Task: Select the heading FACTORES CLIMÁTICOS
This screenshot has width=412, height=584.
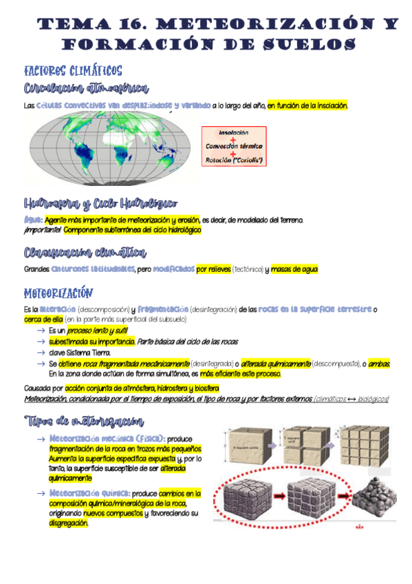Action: point(73,70)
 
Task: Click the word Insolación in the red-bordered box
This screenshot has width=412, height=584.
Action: point(233,132)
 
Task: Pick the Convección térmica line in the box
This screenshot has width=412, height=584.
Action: point(233,147)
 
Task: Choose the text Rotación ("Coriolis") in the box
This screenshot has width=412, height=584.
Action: point(234,160)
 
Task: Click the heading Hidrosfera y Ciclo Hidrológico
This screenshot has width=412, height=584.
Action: point(100,204)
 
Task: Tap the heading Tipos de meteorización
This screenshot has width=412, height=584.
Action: point(85,421)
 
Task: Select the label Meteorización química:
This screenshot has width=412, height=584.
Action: point(89,494)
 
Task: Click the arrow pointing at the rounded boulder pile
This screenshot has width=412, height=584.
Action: point(340,494)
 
